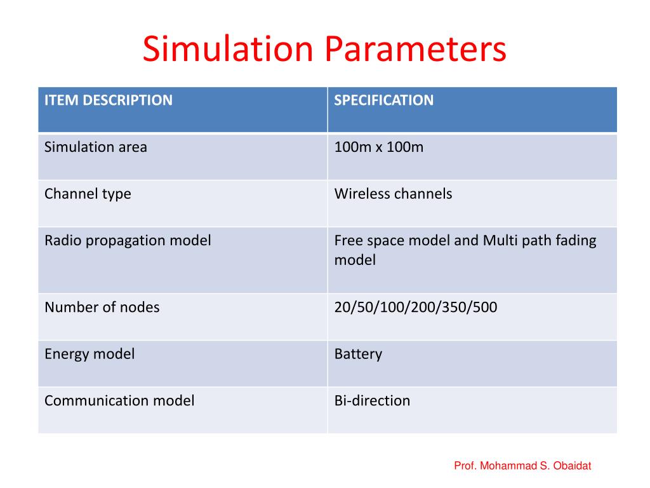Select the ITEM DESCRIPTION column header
108,100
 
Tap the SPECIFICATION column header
384,100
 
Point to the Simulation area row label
95,147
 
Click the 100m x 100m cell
378,147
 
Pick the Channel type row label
88,194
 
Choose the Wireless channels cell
393,194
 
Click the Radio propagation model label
128,241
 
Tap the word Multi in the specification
500,241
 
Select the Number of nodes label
102,308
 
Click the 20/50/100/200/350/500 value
416,308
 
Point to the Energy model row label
90,354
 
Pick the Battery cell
358,354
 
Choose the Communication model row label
119,401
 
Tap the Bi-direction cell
372,401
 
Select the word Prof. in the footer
465,466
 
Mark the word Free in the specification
347,241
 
